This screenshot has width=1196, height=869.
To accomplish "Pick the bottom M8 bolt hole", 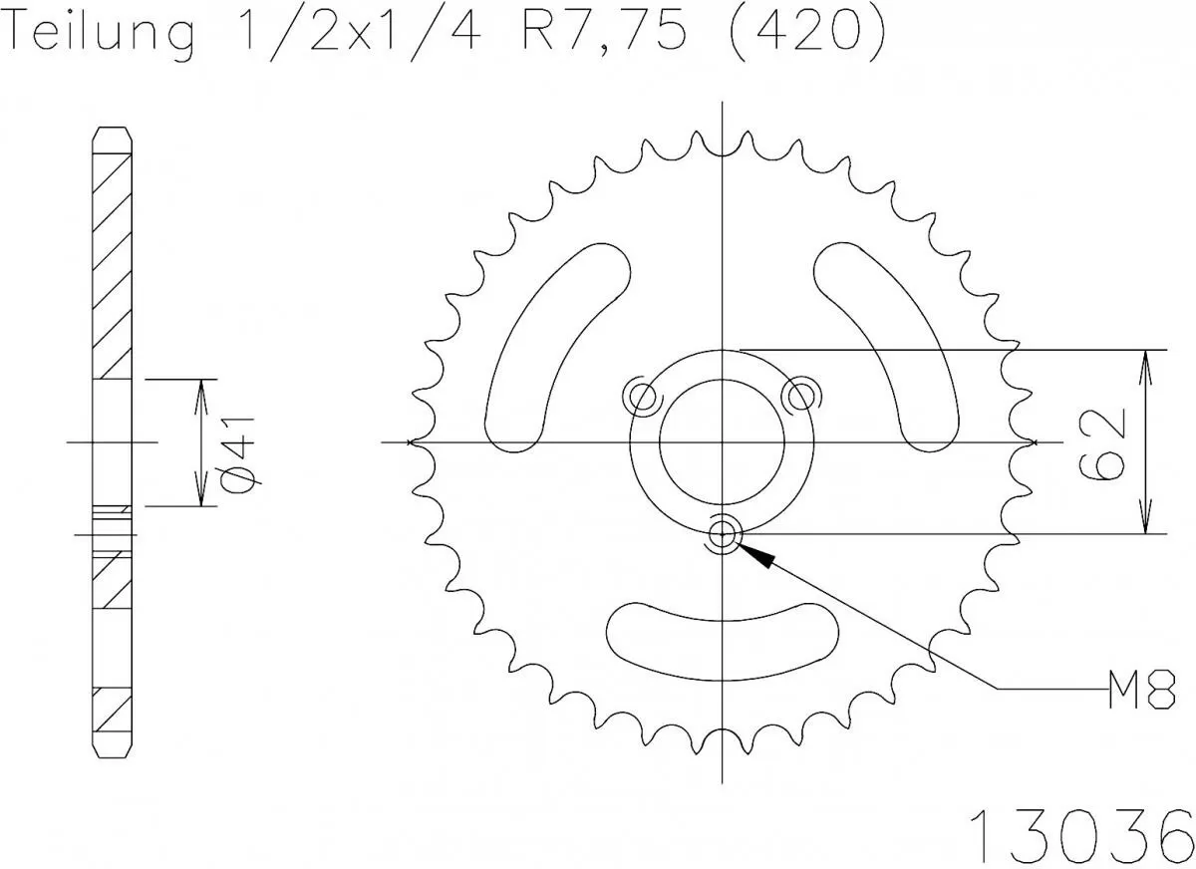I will coord(723,535).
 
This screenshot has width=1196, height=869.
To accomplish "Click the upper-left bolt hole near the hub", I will coord(642,397).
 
